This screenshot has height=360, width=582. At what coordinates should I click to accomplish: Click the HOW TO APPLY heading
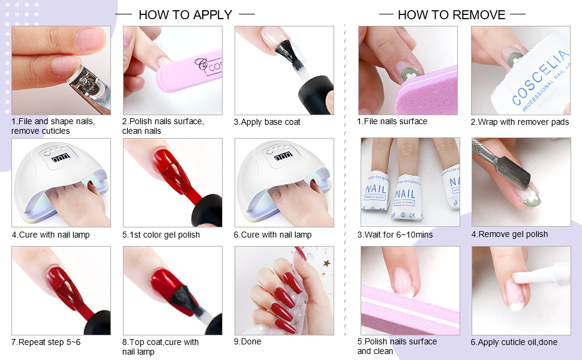[x=185, y=15]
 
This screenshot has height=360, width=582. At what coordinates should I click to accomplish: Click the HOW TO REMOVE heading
[x=451, y=15]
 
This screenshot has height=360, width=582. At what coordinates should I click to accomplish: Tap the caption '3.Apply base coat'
[x=267, y=122]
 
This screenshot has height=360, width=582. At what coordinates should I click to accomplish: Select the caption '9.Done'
[x=247, y=342]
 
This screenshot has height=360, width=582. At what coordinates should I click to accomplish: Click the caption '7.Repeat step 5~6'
[x=46, y=342]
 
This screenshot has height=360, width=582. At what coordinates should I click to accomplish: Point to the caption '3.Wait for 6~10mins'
[x=395, y=235]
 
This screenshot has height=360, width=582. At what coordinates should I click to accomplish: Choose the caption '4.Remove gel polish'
[x=509, y=234]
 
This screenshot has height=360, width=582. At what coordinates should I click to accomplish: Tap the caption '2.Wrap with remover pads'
[x=520, y=122]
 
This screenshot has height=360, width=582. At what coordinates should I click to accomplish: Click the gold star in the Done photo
[x=326, y=263]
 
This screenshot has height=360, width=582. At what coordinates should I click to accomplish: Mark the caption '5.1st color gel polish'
[x=161, y=235]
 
